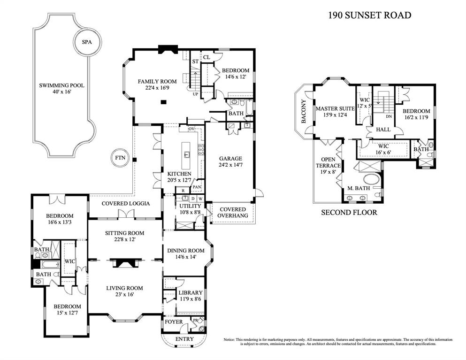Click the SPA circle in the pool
tap(87, 42)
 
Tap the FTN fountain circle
tap(120, 158)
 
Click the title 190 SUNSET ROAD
tap(369, 15)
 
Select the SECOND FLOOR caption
tap(349, 212)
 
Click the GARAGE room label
tap(229, 159)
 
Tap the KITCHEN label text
tap(179, 174)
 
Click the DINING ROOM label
tap(186, 251)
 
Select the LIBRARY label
tap(191, 293)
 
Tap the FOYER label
tap(173, 322)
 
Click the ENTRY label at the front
tap(184, 339)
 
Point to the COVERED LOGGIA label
tap(126, 203)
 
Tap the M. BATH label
tap(359, 188)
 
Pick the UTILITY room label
tap(190, 206)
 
